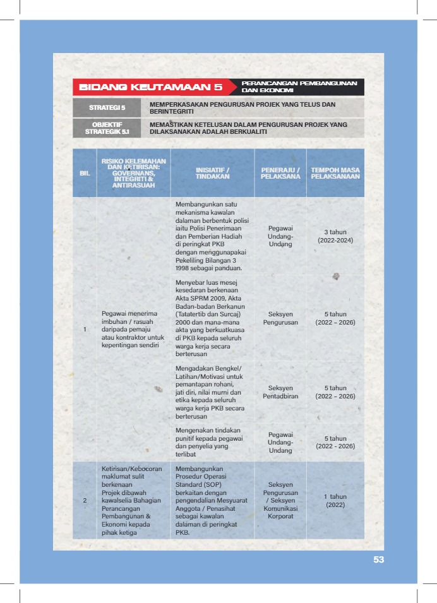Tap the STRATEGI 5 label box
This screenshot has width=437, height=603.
(106, 107)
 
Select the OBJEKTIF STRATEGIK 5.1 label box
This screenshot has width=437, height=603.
(106, 128)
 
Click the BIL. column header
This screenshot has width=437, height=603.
(84, 172)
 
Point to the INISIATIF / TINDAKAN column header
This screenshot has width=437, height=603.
(212, 172)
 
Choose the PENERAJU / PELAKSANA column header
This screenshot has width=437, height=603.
(280, 172)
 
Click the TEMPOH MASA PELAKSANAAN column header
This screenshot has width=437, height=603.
(335, 172)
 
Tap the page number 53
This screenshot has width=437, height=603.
(378, 559)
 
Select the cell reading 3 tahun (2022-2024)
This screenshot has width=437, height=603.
(335, 236)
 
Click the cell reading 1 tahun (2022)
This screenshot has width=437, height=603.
(335, 501)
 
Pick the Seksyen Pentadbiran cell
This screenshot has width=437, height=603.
(280, 391)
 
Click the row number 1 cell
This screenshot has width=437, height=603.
(85, 329)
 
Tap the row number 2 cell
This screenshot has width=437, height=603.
(85, 501)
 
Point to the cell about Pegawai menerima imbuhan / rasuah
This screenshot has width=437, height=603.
(133, 329)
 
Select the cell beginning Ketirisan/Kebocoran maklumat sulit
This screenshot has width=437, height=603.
(133, 501)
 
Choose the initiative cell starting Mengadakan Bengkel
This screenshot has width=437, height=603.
(212, 391)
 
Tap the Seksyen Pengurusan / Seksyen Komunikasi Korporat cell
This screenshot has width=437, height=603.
(280, 501)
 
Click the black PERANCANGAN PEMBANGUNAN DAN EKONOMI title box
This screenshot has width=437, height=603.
(297, 87)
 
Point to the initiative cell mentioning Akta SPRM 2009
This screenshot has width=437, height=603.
(212, 318)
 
